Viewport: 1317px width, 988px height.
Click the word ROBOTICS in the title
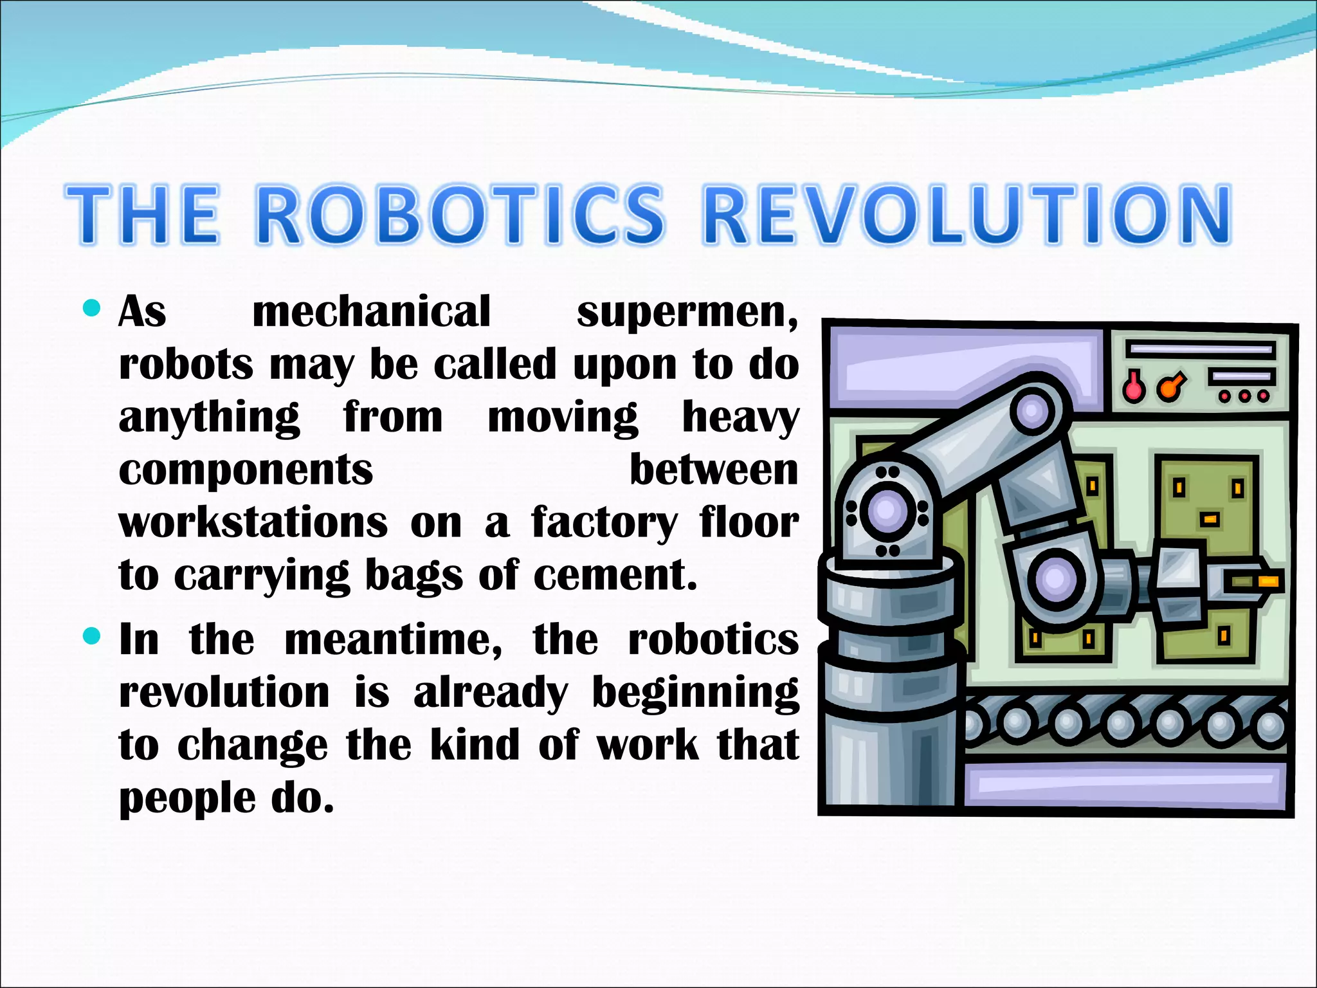[x=462, y=215]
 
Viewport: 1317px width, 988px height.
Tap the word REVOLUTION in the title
[x=967, y=215]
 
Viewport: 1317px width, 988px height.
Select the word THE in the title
[x=143, y=215]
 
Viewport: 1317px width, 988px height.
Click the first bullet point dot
[x=93, y=309]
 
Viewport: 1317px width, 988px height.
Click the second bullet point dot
[x=93, y=637]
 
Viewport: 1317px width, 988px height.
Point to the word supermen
[x=687, y=313]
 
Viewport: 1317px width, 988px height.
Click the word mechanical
[x=372, y=311]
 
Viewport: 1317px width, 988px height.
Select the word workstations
[x=253, y=522]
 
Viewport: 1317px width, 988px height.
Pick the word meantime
[x=393, y=640]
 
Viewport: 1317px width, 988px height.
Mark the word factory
[x=604, y=524]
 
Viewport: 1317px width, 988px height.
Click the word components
[x=246, y=471]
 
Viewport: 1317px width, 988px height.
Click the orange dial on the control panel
[x=1169, y=388]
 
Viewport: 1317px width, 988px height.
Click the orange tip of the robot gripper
[x=1269, y=582]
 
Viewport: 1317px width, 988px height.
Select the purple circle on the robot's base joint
[x=886, y=511]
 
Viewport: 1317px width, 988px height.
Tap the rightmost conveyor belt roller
[x=1270, y=727]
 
